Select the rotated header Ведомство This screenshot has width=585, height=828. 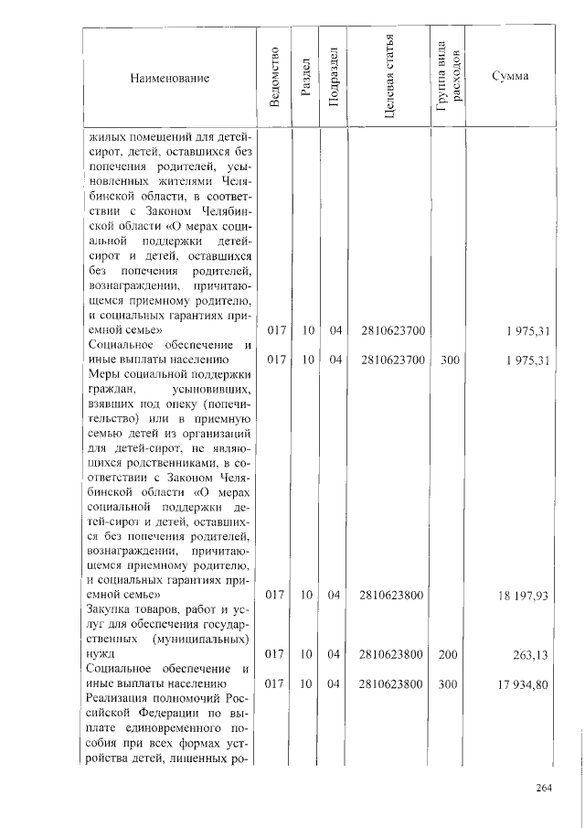274,77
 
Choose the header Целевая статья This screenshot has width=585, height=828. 390,78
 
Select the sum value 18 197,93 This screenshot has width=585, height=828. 523,595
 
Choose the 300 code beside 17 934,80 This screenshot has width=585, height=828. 449,683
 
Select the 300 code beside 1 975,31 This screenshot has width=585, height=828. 449,360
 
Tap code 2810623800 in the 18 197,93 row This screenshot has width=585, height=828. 391,595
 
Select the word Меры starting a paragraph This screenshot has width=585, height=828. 103,374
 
